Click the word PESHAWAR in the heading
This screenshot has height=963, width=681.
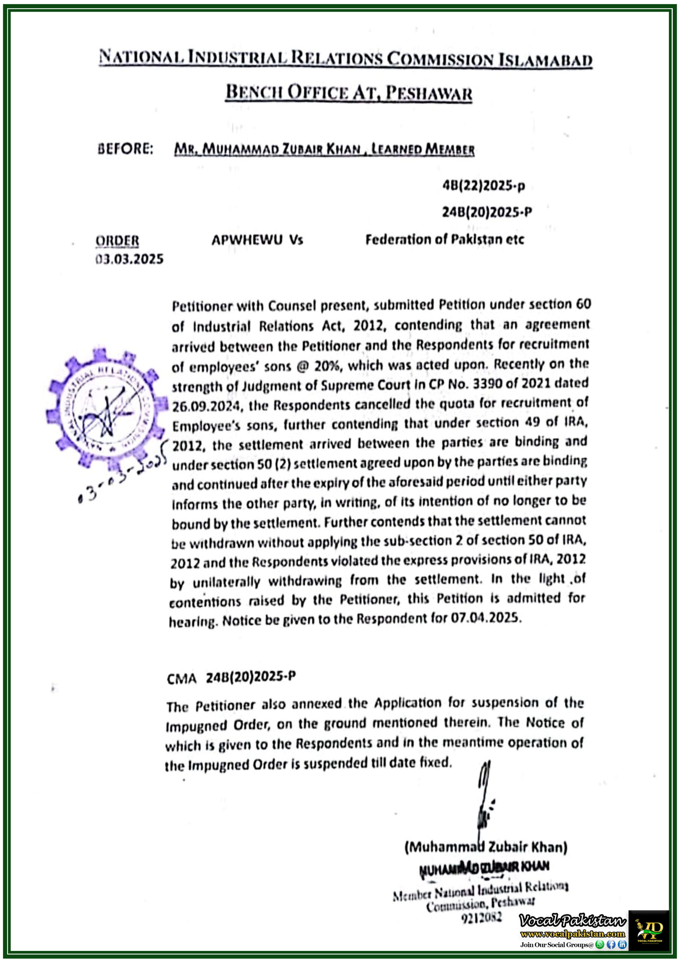[x=429, y=93]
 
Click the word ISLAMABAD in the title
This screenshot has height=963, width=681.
[x=545, y=60]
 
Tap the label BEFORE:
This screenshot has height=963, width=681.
[x=125, y=149]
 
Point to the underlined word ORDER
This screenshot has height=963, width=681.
[x=117, y=241]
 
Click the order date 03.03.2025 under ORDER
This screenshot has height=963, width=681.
[x=129, y=259]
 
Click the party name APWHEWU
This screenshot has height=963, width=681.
[x=247, y=240]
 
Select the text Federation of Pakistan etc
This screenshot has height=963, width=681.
[x=444, y=240]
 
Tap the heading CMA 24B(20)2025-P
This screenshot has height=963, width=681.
[x=231, y=677]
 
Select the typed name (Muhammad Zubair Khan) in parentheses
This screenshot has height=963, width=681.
[x=485, y=847]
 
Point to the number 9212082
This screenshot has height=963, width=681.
[x=481, y=918]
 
